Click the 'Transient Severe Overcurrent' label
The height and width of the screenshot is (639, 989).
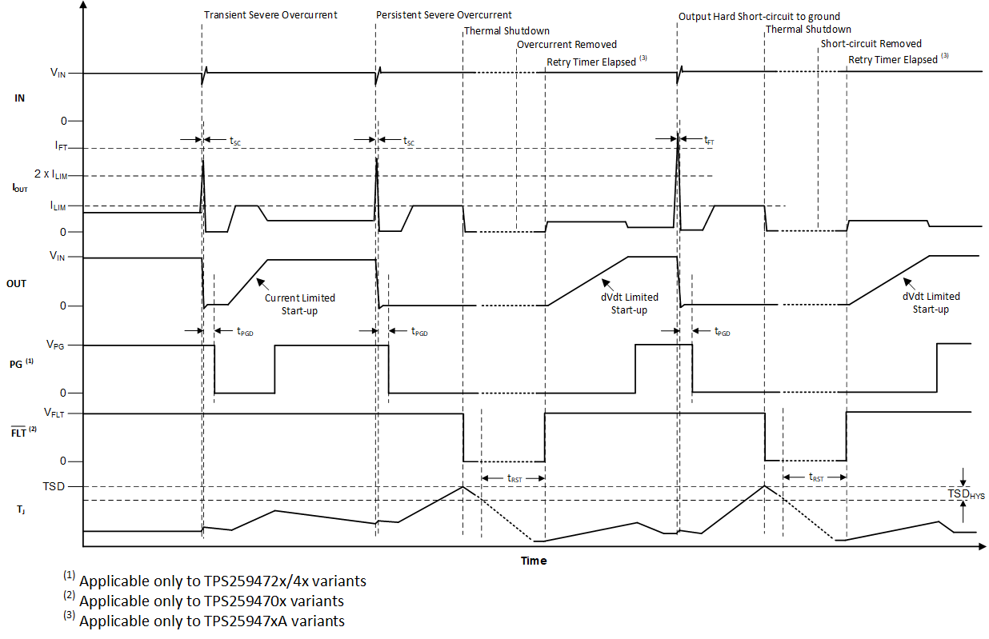pyautogui.click(x=270, y=15)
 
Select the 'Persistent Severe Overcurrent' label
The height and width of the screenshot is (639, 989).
pyautogui.click(x=444, y=15)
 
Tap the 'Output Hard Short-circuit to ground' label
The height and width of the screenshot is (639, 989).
pyautogui.click(x=759, y=16)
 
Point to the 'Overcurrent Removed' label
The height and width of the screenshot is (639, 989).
pyautogui.click(x=567, y=45)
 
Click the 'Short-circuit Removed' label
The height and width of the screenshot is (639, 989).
pyautogui.click(x=871, y=44)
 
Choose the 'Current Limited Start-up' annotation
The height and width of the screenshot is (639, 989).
pyautogui.click(x=299, y=304)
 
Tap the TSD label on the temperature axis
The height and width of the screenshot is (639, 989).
pyautogui.click(x=54, y=486)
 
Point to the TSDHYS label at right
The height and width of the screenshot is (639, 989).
pyautogui.click(x=967, y=494)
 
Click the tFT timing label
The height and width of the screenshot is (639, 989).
pyautogui.click(x=709, y=140)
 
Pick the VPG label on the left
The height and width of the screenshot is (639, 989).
pyautogui.click(x=56, y=345)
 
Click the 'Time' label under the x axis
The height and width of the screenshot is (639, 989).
pyautogui.click(x=533, y=561)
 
